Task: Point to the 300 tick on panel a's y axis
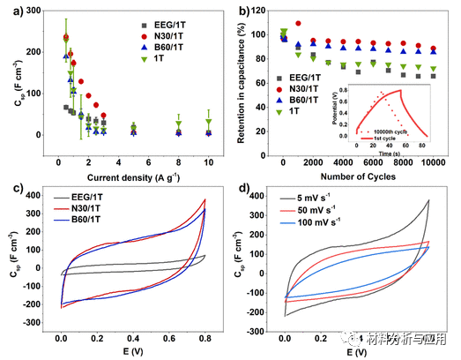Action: pyautogui.click(x=33, y=10)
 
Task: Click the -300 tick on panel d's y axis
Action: pyautogui.click(x=260, y=328)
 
